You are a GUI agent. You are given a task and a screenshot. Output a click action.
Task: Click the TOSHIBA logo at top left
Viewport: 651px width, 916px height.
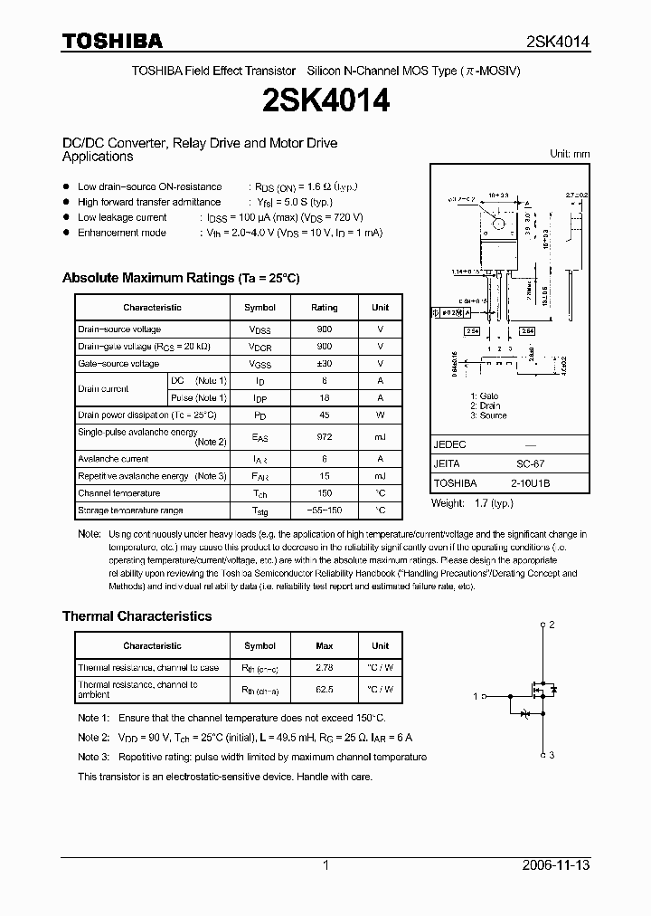click(112, 41)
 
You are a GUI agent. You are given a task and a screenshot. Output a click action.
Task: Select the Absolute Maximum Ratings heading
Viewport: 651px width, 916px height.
click(180, 278)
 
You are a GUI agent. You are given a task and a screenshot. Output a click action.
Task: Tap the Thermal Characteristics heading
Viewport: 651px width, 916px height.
click(137, 616)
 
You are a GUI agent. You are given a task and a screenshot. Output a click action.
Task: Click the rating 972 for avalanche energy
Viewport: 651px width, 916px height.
click(324, 437)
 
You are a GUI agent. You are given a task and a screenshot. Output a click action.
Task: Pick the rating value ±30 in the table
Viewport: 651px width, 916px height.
click(324, 364)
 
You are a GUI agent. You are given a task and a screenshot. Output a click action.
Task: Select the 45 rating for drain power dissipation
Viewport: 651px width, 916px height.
click(324, 415)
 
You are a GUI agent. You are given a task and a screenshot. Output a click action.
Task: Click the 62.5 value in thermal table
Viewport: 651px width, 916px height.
click(324, 690)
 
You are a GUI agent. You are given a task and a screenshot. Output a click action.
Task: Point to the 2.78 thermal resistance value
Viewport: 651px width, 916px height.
click(324, 668)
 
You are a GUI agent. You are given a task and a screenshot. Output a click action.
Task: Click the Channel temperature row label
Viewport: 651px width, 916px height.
click(118, 493)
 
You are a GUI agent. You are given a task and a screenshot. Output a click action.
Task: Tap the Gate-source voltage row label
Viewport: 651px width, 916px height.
click(118, 364)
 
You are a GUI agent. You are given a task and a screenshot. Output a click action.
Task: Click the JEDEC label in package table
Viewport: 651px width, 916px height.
click(449, 445)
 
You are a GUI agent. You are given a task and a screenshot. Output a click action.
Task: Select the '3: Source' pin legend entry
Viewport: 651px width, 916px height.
click(488, 416)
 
